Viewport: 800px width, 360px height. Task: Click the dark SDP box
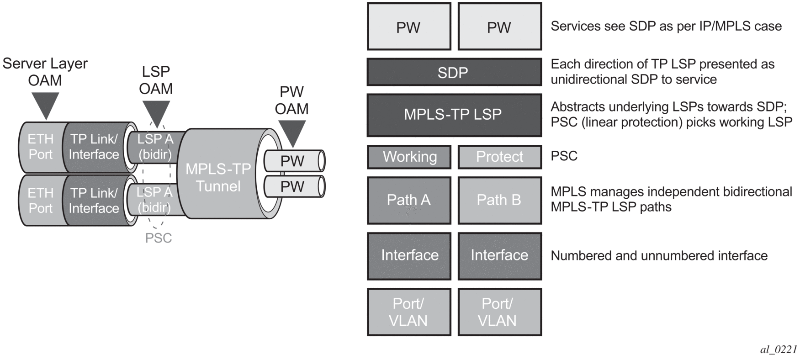click(x=454, y=72)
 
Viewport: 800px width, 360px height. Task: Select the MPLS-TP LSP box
click(x=454, y=115)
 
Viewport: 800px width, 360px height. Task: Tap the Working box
click(x=409, y=157)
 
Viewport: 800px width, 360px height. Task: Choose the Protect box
click(x=499, y=157)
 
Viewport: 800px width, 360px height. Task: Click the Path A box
click(x=409, y=200)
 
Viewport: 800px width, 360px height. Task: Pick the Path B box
click(x=499, y=200)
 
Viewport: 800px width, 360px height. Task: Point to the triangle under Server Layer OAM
click(x=46, y=105)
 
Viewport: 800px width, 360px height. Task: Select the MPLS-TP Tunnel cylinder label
click(x=218, y=177)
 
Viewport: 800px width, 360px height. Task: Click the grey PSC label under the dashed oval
click(x=159, y=238)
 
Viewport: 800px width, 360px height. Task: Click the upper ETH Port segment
click(x=40, y=147)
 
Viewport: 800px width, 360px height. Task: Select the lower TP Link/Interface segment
click(x=94, y=201)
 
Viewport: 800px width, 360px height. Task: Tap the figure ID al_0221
click(x=778, y=349)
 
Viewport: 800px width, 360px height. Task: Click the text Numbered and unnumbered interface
click(x=659, y=256)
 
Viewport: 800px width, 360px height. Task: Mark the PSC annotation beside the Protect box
click(x=564, y=156)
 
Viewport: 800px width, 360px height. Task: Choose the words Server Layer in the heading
click(x=45, y=64)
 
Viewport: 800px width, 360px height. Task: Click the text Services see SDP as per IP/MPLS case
click(x=666, y=26)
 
